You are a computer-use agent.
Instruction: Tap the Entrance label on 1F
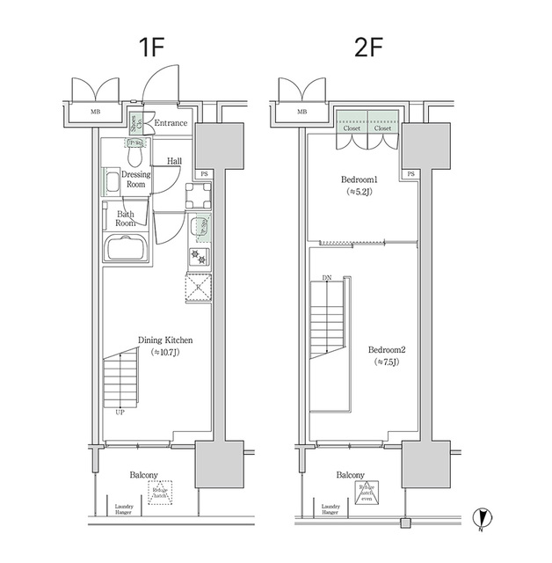point(171,122)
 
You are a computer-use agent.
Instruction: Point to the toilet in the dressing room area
point(134,153)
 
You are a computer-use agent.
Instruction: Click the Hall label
point(174,162)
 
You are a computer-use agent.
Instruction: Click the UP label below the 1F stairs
point(120,411)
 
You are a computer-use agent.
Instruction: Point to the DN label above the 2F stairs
point(327,277)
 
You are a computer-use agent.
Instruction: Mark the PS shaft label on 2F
point(410,174)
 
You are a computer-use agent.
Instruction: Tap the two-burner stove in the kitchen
point(199,257)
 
